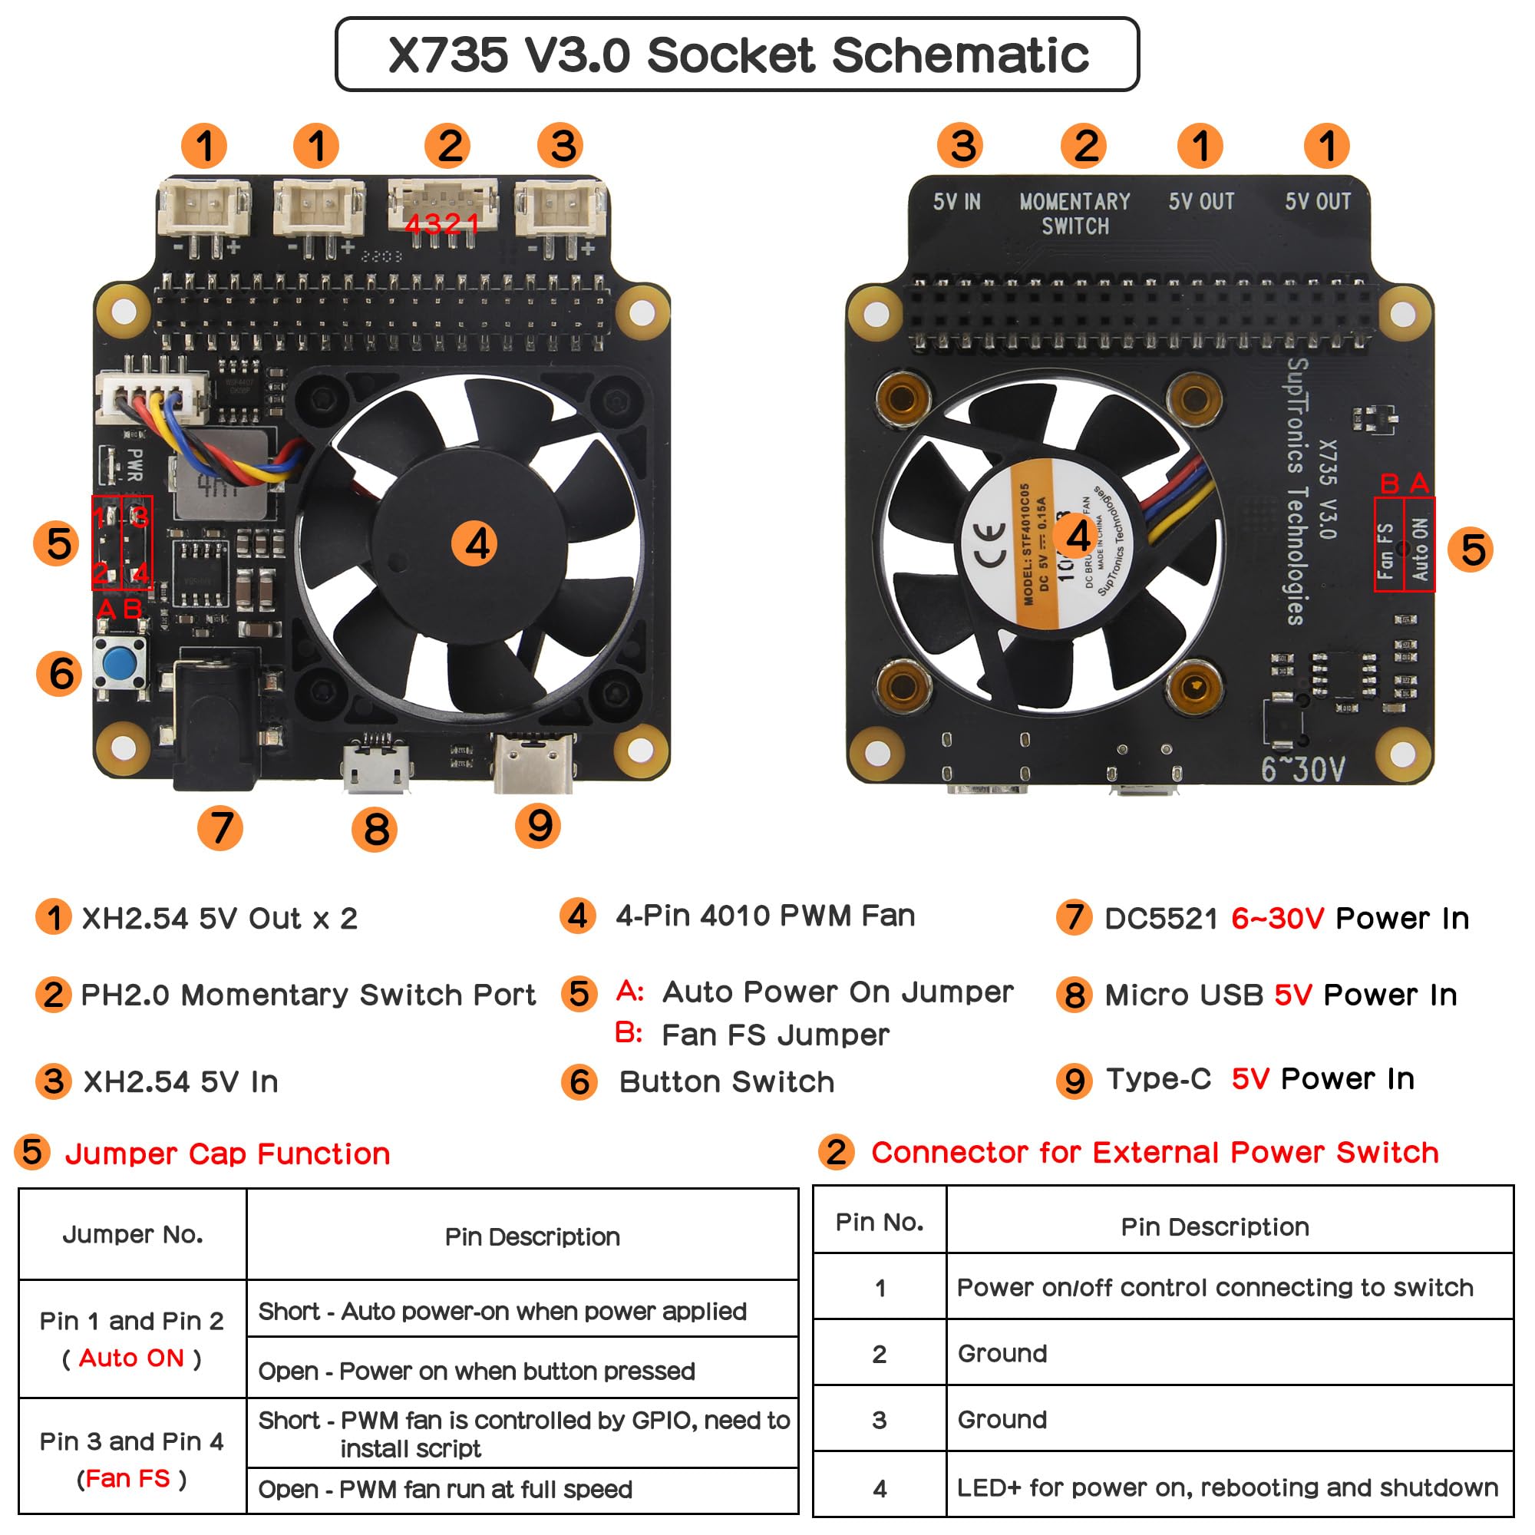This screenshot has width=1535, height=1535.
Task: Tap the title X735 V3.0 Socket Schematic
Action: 738,54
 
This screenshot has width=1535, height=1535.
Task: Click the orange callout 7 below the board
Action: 220,828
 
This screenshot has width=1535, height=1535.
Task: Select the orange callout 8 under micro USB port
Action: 375,830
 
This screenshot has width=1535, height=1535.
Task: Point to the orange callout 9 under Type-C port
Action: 539,826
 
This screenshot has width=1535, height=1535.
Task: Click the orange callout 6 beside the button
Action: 61,674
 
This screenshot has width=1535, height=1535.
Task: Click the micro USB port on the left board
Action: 377,767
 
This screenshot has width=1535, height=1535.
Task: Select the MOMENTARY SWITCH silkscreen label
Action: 1074,213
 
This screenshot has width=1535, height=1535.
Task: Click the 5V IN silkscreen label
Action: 956,202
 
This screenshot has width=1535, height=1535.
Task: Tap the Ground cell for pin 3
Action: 1002,1420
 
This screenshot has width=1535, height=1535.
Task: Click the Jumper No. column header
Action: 133,1235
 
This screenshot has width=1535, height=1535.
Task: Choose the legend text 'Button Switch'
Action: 726,1082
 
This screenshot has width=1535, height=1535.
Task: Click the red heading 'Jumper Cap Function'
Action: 227,1154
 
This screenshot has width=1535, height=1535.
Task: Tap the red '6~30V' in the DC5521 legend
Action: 1278,919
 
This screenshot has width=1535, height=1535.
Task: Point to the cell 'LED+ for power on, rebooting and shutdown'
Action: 1226,1487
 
